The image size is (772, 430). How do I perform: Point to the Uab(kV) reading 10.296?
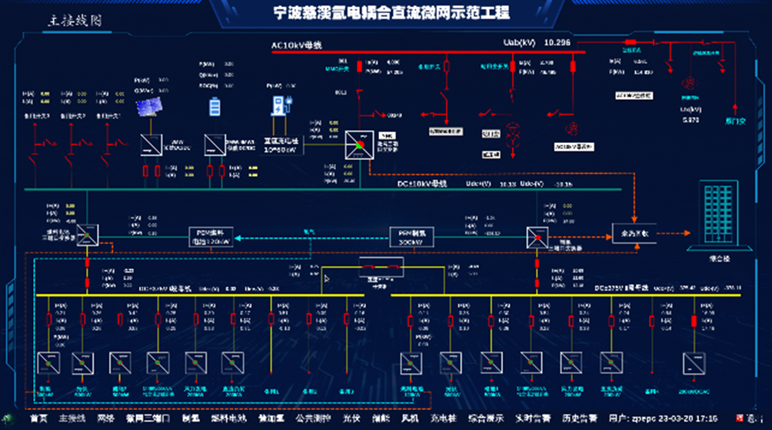coord(557,42)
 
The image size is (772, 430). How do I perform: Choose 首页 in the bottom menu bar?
coord(38,418)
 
